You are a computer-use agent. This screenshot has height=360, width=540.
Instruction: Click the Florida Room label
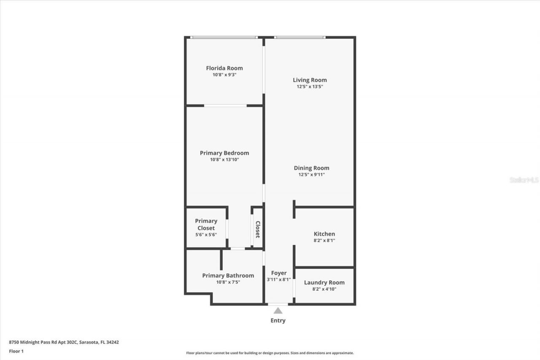click(224, 68)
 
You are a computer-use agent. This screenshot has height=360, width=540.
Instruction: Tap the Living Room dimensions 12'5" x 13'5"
click(310, 87)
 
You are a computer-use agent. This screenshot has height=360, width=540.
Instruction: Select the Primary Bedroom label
click(224, 153)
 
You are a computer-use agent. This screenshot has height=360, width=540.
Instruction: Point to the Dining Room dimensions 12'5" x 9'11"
click(311, 174)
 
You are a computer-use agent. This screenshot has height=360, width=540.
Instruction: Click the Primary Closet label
click(206, 225)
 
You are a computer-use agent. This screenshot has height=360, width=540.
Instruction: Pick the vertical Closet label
click(258, 229)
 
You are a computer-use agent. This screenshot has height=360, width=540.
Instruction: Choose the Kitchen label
click(324, 234)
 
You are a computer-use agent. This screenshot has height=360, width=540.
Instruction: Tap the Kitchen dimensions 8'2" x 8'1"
click(324, 241)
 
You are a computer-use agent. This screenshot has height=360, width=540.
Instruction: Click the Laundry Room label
click(324, 282)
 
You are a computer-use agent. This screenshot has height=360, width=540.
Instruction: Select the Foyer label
click(278, 273)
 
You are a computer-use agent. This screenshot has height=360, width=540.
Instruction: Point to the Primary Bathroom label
click(228, 276)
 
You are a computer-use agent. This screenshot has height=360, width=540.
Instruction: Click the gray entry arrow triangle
click(278, 311)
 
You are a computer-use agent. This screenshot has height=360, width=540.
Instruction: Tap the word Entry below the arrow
click(278, 320)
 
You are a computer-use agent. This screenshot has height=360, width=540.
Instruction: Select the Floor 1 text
click(16, 351)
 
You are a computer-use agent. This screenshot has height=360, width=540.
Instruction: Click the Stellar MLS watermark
click(524, 180)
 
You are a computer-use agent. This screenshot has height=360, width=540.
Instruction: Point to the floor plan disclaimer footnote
click(270, 353)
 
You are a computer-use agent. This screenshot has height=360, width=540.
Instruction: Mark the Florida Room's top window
click(224, 38)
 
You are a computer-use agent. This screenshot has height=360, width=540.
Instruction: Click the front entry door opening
click(278, 304)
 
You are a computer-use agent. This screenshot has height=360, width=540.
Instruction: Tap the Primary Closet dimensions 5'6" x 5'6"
click(206, 235)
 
